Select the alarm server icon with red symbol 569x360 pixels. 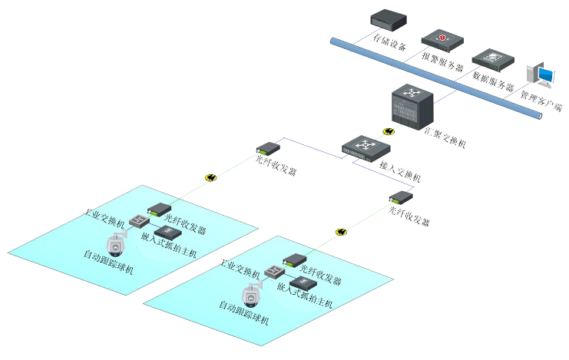[442, 38]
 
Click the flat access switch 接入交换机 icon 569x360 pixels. [366, 145]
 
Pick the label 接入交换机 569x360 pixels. [400, 171]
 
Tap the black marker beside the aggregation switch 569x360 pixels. [389, 132]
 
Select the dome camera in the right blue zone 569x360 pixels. [251, 294]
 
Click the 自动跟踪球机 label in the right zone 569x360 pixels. [243, 313]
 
